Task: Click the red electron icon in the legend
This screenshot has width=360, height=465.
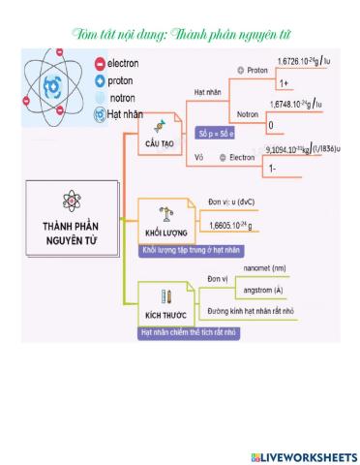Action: (98, 64)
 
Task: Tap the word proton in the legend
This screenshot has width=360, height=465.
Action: (121, 80)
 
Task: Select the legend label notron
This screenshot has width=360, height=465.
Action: (123, 98)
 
